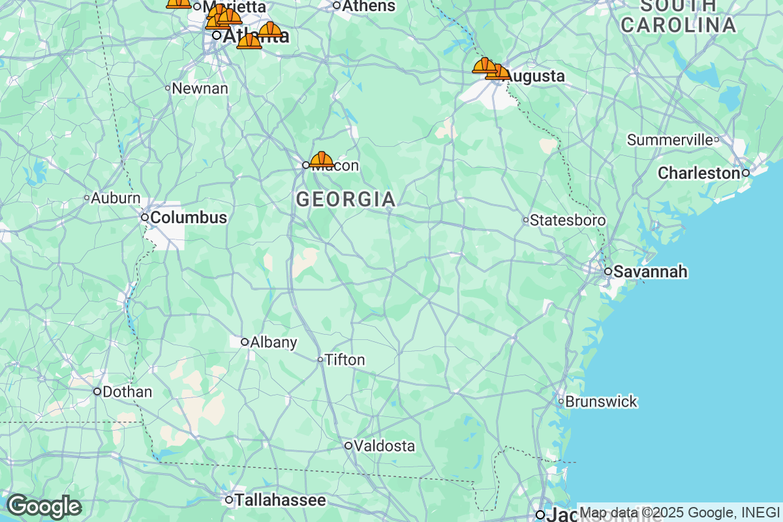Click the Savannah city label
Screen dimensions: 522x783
point(651,271)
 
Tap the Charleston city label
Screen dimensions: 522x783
point(699,174)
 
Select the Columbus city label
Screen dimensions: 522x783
point(188,217)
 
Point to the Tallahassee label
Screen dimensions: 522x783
point(280,500)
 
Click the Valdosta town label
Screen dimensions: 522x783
point(385,446)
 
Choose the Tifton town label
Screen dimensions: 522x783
point(345,360)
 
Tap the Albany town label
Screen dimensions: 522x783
point(273,342)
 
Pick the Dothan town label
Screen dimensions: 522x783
point(127,392)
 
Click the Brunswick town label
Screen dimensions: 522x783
point(601,402)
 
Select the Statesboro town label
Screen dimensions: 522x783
point(568,221)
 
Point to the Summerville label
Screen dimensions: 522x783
point(669,140)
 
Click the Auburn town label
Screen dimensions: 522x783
point(115,198)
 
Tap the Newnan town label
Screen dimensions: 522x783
point(200,88)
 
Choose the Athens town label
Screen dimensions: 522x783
point(369,6)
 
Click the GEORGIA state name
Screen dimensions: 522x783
point(346,200)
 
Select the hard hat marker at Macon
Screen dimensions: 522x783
point(322,159)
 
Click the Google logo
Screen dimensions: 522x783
point(44,506)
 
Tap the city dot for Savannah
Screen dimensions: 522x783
point(607,271)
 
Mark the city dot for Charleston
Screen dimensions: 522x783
point(745,173)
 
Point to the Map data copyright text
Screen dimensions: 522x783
point(679,512)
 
